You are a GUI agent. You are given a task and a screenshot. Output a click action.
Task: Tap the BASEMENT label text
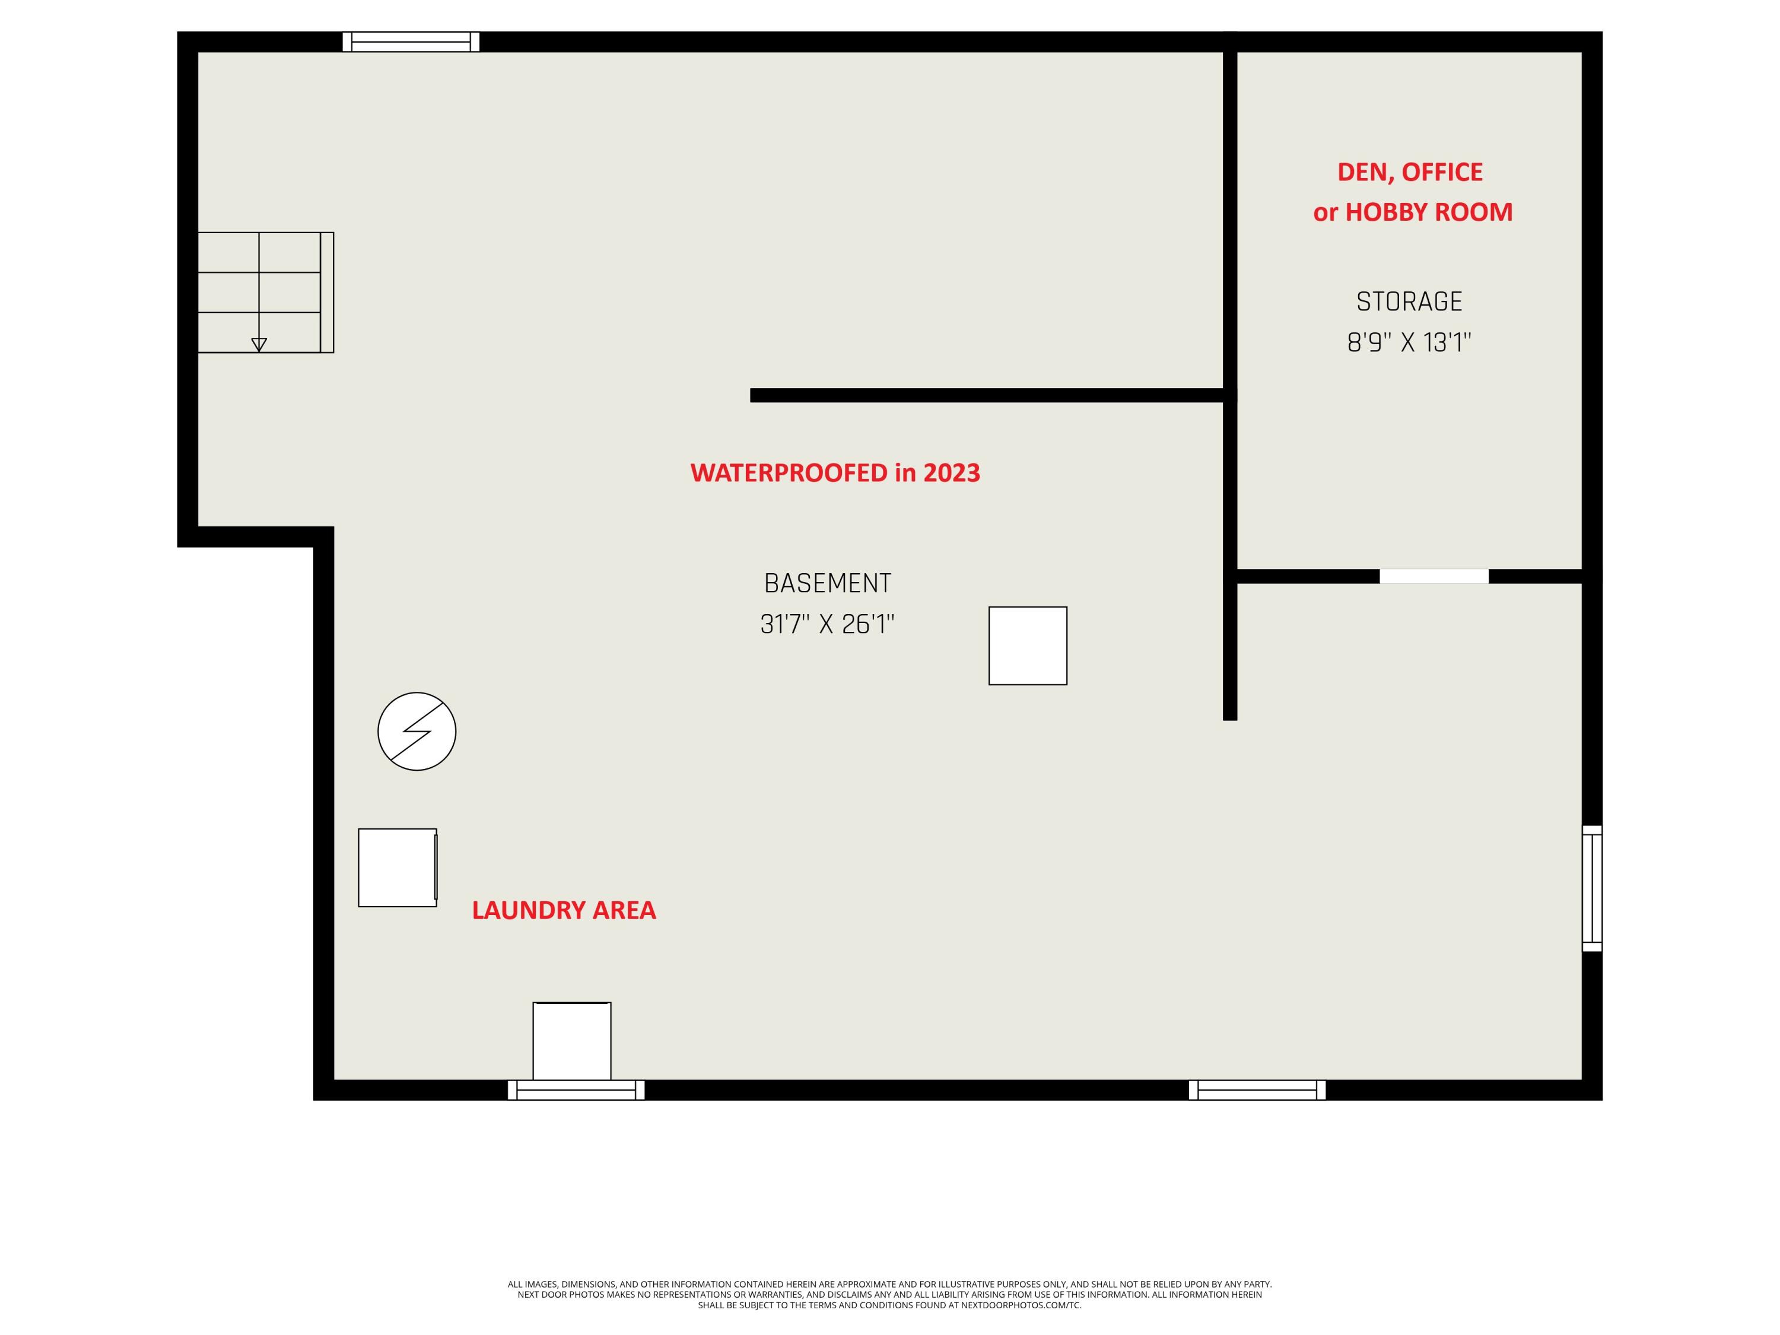click(x=827, y=583)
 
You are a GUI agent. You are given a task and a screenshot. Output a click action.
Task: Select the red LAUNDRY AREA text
click(x=563, y=910)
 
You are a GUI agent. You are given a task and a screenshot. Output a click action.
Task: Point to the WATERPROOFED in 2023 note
click(x=835, y=472)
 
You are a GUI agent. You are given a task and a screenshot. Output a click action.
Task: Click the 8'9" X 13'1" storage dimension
click(x=1409, y=343)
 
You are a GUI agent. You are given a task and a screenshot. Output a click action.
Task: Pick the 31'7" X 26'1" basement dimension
click(x=827, y=624)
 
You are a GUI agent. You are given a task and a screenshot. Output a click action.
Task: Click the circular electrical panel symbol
click(x=417, y=730)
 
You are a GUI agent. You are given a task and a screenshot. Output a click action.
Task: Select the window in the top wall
click(x=411, y=42)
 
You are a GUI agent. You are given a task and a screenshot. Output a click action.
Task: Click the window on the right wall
click(x=1592, y=888)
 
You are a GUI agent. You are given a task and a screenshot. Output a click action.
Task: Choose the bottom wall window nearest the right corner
click(x=1257, y=1089)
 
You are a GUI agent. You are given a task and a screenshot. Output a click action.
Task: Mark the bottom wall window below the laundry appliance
click(x=576, y=1089)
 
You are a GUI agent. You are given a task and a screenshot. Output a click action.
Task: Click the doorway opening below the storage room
click(x=1434, y=576)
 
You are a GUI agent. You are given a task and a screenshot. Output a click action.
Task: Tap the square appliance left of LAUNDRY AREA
click(x=398, y=867)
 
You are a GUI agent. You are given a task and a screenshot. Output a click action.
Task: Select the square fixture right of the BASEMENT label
click(x=1028, y=646)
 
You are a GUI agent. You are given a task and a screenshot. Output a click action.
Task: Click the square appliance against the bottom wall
click(x=571, y=1041)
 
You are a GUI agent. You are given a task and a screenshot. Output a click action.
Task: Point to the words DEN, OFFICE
click(x=1410, y=172)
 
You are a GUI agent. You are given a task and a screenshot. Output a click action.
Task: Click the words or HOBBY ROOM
click(x=1412, y=212)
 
